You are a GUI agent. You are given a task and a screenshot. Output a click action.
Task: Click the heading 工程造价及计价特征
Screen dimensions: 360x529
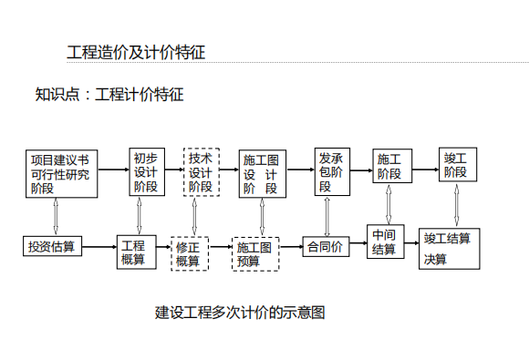coord(136,52)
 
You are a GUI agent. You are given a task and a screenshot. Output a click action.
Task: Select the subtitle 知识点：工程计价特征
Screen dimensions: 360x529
coord(109,94)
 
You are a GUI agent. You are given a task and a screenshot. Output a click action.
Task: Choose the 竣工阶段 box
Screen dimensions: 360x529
coord(455,164)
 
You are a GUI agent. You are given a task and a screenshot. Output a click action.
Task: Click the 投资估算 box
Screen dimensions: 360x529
coord(53,246)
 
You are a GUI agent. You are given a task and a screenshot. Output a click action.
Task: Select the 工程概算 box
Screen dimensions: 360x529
coord(133,252)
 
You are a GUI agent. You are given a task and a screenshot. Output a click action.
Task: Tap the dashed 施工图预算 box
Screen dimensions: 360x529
coord(254,253)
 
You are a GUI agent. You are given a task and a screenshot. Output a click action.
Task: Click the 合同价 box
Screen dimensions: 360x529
coord(325,246)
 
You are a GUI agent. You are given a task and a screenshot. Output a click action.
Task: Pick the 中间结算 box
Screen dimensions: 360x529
coord(384,242)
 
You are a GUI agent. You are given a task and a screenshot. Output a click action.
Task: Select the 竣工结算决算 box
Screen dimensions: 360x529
coord(449,248)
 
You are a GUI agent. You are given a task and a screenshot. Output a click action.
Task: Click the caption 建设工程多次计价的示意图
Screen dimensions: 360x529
coord(240,313)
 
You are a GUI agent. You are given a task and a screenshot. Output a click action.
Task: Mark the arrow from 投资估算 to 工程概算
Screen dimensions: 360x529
coord(99,246)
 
